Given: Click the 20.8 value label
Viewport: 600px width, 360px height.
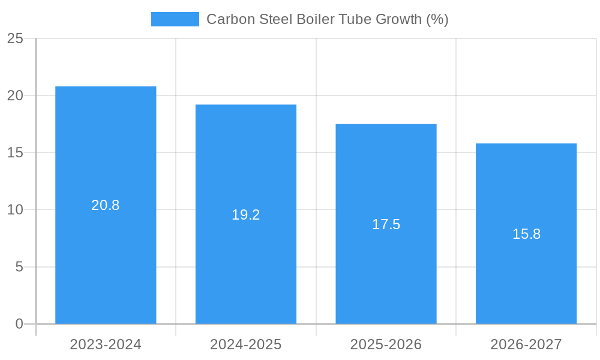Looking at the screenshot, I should point(106,205).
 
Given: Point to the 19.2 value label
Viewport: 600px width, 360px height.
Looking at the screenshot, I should point(246,215).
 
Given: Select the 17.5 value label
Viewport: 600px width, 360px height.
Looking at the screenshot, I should point(386,224).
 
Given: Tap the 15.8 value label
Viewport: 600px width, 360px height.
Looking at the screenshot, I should point(526,234).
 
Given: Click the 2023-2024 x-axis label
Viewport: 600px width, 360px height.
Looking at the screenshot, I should point(106,344).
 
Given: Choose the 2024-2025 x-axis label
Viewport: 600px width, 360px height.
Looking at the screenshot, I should point(246,344).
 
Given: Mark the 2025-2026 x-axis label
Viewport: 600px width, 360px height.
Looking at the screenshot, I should point(386,344).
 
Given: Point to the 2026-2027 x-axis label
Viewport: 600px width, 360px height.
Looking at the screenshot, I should point(526,344).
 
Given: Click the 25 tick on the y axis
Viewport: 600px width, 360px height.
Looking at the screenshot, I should point(15,39).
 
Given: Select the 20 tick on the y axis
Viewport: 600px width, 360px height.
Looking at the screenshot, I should point(15,96).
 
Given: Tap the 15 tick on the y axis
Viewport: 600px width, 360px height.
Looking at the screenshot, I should point(15,153).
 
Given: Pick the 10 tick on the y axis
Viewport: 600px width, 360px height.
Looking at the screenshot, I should point(15,210).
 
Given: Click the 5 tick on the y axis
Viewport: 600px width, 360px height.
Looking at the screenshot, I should point(19,267).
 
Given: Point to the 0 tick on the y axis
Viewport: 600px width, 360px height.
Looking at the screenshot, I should point(19,324).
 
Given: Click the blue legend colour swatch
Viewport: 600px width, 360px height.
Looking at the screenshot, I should point(175,19).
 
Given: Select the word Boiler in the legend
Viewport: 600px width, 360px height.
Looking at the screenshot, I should point(316,19).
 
